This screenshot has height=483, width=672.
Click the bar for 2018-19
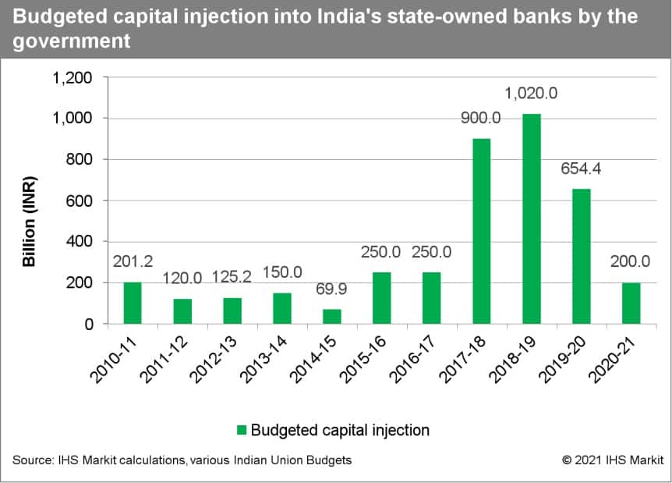click(x=531, y=218)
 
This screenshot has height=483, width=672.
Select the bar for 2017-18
click(x=481, y=231)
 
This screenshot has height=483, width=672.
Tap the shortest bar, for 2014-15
click(x=332, y=316)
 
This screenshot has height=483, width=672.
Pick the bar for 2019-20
click(x=581, y=256)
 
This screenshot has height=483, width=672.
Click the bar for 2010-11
click(x=133, y=303)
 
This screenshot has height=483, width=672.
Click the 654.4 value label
click(x=581, y=169)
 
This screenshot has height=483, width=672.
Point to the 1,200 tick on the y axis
click(x=72, y=78)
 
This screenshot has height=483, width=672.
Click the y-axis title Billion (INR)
click(x=29, y=221)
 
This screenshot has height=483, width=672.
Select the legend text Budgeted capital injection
click(x=341, y=430)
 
